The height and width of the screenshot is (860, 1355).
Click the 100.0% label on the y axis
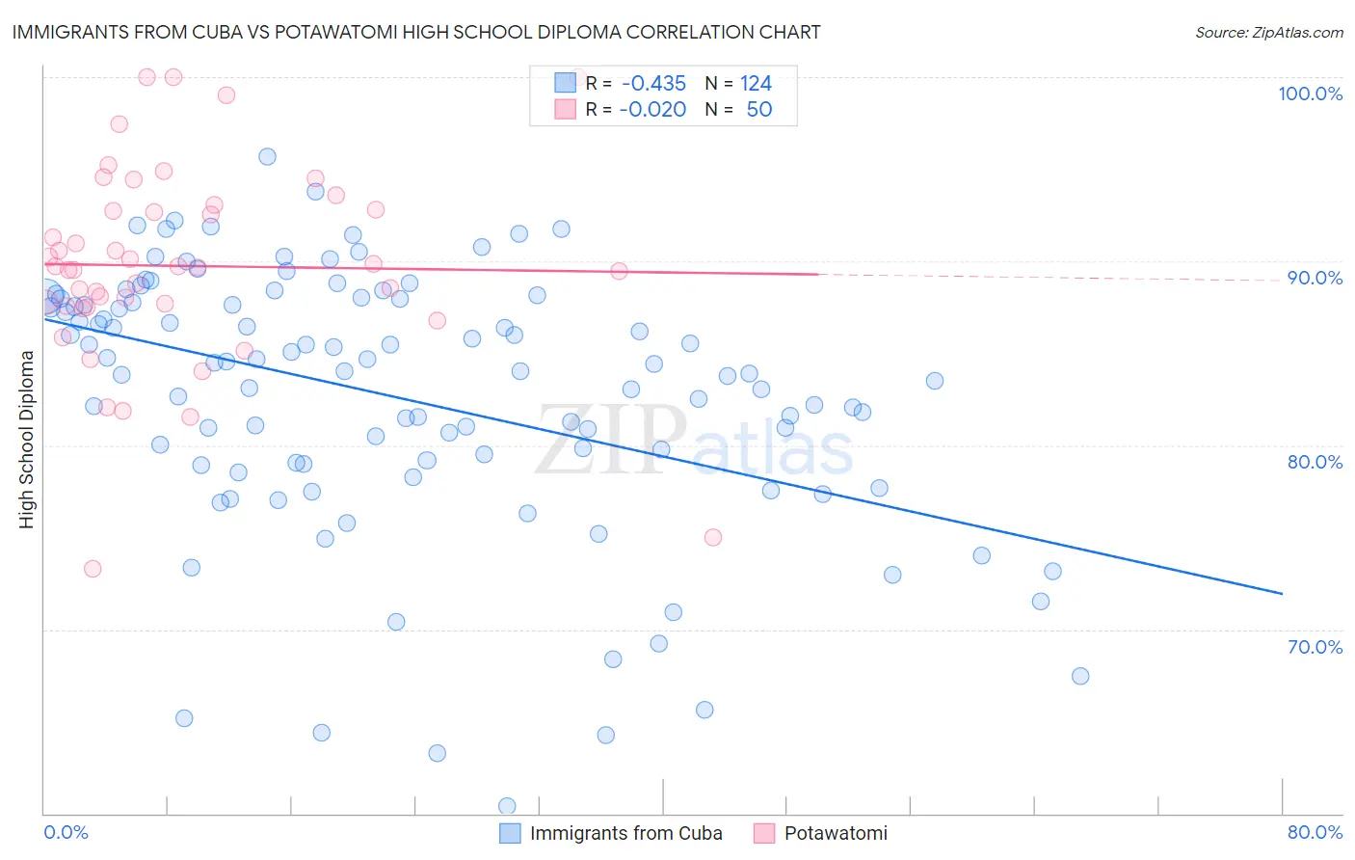click(1310, 94)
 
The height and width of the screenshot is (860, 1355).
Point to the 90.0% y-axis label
click(1315, 278)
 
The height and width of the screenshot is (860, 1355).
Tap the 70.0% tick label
click(1315, 647)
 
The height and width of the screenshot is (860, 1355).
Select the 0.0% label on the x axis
click(66, 832)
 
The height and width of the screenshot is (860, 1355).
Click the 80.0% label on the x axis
click(1315, 832)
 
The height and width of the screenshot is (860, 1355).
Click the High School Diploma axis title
click(26, 439)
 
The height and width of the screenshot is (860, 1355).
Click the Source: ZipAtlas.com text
click(1268, 32)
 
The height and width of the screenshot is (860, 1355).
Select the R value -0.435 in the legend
click(653, 83)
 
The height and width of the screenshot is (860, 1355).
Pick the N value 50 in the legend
click(759, 109)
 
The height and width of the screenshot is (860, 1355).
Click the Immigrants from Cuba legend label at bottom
click(625, 833)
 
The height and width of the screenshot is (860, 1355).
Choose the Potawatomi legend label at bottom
click(836, 833)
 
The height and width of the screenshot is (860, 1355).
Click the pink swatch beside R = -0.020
click(565, 109)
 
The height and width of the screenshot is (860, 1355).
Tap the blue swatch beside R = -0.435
click(565, 83)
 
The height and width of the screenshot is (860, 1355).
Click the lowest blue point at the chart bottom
click(507, 806)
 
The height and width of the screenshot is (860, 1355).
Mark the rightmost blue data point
click(1080, 676)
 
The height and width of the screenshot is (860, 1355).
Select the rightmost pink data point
click(713, 537)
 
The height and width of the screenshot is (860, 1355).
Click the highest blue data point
click(267, 156)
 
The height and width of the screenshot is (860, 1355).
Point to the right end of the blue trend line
click(1282, 593)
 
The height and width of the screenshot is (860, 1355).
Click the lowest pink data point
click(93, 569)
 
